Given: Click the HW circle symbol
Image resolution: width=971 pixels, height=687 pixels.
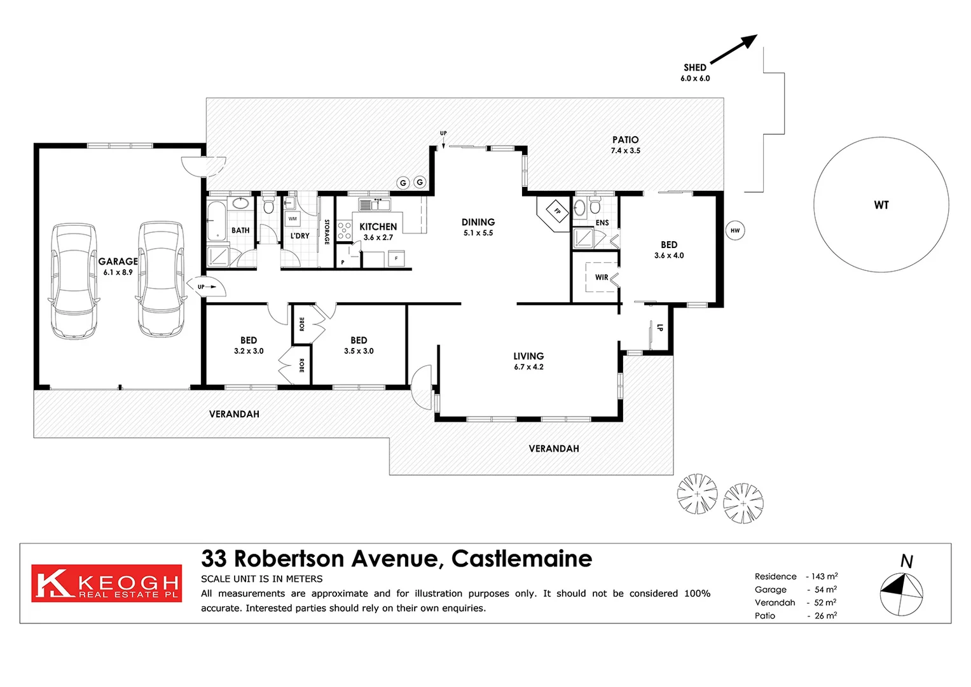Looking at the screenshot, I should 735,230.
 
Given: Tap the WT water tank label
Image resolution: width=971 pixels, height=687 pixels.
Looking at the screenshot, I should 881,205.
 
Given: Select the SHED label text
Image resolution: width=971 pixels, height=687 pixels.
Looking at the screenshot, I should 695,67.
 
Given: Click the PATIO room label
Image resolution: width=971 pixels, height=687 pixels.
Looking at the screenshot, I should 625,140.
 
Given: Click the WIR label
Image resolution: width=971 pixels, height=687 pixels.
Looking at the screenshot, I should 602,277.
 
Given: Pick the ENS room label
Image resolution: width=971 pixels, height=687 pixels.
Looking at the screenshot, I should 602,223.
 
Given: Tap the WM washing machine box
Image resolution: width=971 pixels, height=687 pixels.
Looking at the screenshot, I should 293,219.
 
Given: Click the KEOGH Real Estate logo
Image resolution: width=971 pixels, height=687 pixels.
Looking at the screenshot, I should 106,583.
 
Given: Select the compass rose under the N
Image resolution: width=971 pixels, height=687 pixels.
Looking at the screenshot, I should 901,594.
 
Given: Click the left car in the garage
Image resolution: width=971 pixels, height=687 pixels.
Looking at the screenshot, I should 74,280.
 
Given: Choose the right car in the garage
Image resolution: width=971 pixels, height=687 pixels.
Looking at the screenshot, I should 162,279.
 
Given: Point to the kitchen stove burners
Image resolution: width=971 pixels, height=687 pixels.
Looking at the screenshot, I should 344,230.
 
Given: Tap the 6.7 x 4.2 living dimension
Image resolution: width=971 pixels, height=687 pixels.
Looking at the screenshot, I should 528,367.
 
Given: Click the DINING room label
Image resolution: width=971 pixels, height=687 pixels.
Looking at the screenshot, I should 478,222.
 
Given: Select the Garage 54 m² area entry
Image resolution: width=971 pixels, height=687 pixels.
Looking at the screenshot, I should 795,590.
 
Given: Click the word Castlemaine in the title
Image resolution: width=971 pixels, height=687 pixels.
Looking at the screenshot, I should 521,559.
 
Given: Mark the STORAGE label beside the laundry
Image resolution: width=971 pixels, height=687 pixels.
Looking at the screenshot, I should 327,232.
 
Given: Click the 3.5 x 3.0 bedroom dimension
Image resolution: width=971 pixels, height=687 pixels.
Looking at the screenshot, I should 359,351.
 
